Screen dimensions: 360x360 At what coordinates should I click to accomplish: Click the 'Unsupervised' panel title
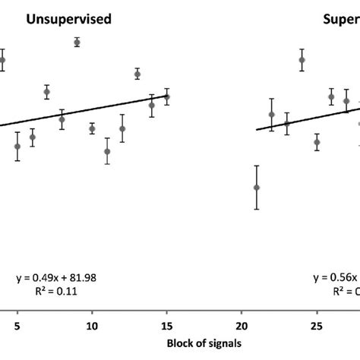(69, 21)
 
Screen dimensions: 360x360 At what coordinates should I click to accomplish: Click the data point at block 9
(77, 43)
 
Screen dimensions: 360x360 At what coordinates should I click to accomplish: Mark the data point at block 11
(107, 151)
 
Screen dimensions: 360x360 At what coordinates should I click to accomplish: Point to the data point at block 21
(257, 187)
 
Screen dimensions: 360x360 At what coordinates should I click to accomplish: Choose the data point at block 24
(302, 60)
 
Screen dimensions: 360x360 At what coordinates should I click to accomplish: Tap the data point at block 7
(47, 92)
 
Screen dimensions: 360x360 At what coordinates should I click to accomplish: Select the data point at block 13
(137, 74)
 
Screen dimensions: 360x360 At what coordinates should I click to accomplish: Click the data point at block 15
(167, 96)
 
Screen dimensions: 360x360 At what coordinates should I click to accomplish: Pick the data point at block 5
(17, 146)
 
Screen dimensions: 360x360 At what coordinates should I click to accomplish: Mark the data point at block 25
(317, 142)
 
